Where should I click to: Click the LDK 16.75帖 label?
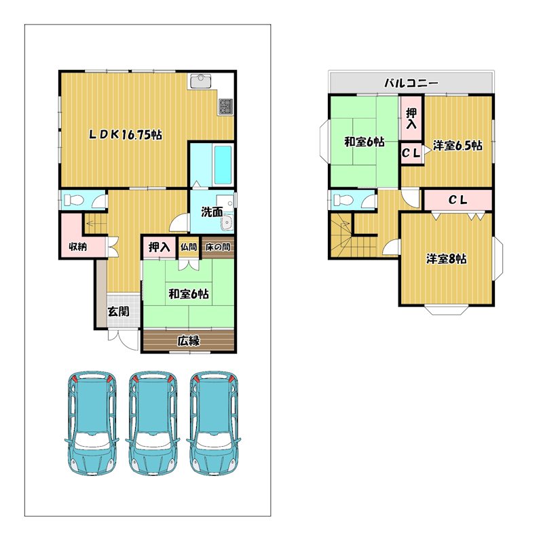[x=126, y=134]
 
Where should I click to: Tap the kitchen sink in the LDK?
[x=200, y=81]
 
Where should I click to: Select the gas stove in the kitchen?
[x=225, y=106]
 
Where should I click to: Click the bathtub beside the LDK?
[x=223, y=165]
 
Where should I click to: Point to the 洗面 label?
[x=212, y=212]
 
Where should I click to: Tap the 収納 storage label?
[x=77, y=247]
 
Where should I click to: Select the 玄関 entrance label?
[x=118, y=311]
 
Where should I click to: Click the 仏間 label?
[x=189, y=247]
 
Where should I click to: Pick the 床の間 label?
[x=218, y=247]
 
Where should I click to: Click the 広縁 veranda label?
[x=189, y=341]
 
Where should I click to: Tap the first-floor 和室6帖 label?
[x=189, y=294]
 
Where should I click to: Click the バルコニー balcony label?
[x=411, y=83]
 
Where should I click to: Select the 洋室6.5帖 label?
[x=457, y=146]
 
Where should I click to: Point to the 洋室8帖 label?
[x=446, y=259]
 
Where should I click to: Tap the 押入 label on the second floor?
[x=411, y=118]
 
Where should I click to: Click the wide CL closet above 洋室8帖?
[x=457, y=200]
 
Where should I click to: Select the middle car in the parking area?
[x=153, y=423]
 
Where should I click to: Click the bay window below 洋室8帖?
[x=446, y=310]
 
